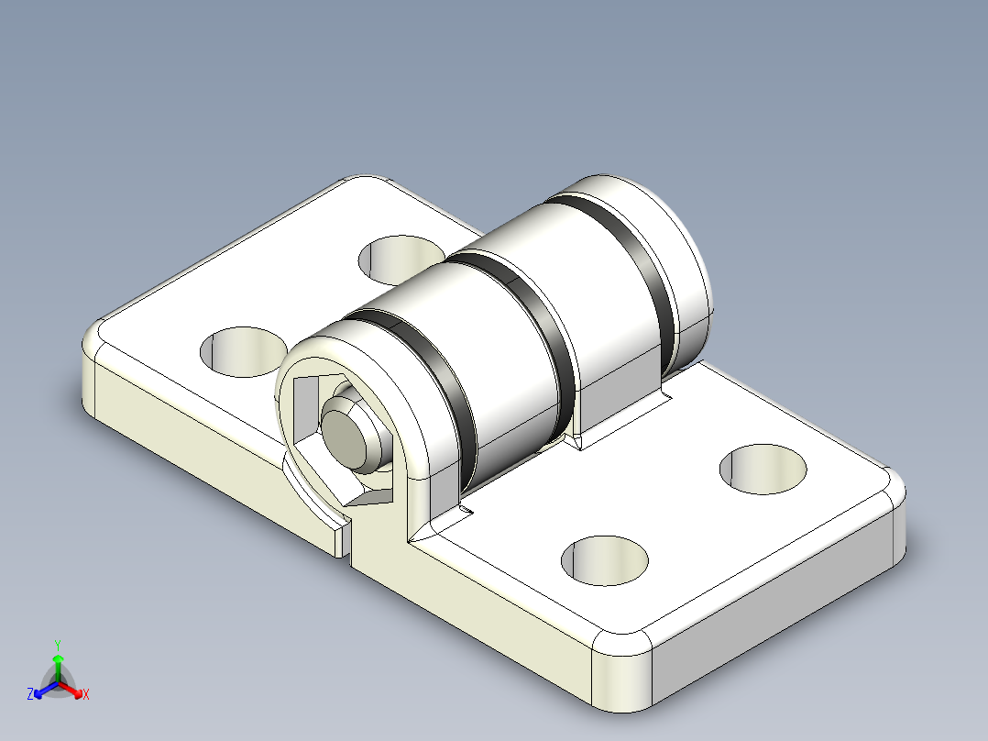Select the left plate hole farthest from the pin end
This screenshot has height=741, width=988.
click(x=401, y=258)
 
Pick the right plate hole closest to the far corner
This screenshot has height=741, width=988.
click(x=763, y=469)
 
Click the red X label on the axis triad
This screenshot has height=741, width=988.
click(x=86, y=695)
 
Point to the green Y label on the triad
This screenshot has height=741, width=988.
click(x=58, y=645)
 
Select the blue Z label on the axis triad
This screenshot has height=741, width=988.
click(x=30, y=694)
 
